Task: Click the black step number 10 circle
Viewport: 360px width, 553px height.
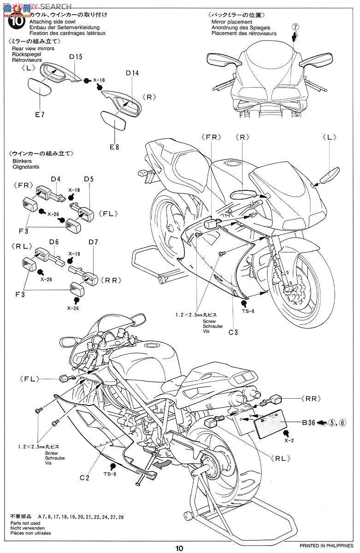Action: (17, 22)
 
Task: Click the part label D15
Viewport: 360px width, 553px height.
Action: (76, 57)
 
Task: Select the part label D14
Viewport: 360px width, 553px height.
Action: (132, 73)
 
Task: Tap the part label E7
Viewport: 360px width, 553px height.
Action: (40, 115)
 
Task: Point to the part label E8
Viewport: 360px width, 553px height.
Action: (114, 147)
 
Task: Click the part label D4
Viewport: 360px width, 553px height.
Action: (56, 179)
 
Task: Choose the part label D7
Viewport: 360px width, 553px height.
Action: (93, 242)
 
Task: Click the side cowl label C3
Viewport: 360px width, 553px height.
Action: (233, 332)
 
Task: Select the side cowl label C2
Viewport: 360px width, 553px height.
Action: (84, 478)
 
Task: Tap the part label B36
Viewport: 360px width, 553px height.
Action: (309, 423)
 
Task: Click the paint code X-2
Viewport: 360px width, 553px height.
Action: (289, 441)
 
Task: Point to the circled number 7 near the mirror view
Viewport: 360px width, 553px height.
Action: (296, 27)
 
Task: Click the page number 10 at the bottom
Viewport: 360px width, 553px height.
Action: (179, 548)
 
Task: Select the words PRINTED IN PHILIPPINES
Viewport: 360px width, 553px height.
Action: (326, 545)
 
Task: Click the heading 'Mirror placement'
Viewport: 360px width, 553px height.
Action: (232, 22)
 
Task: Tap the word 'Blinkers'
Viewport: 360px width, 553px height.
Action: (22, 161)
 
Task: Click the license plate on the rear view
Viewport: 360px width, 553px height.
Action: (271, 424)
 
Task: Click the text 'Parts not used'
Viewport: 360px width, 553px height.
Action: (25, 523)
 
